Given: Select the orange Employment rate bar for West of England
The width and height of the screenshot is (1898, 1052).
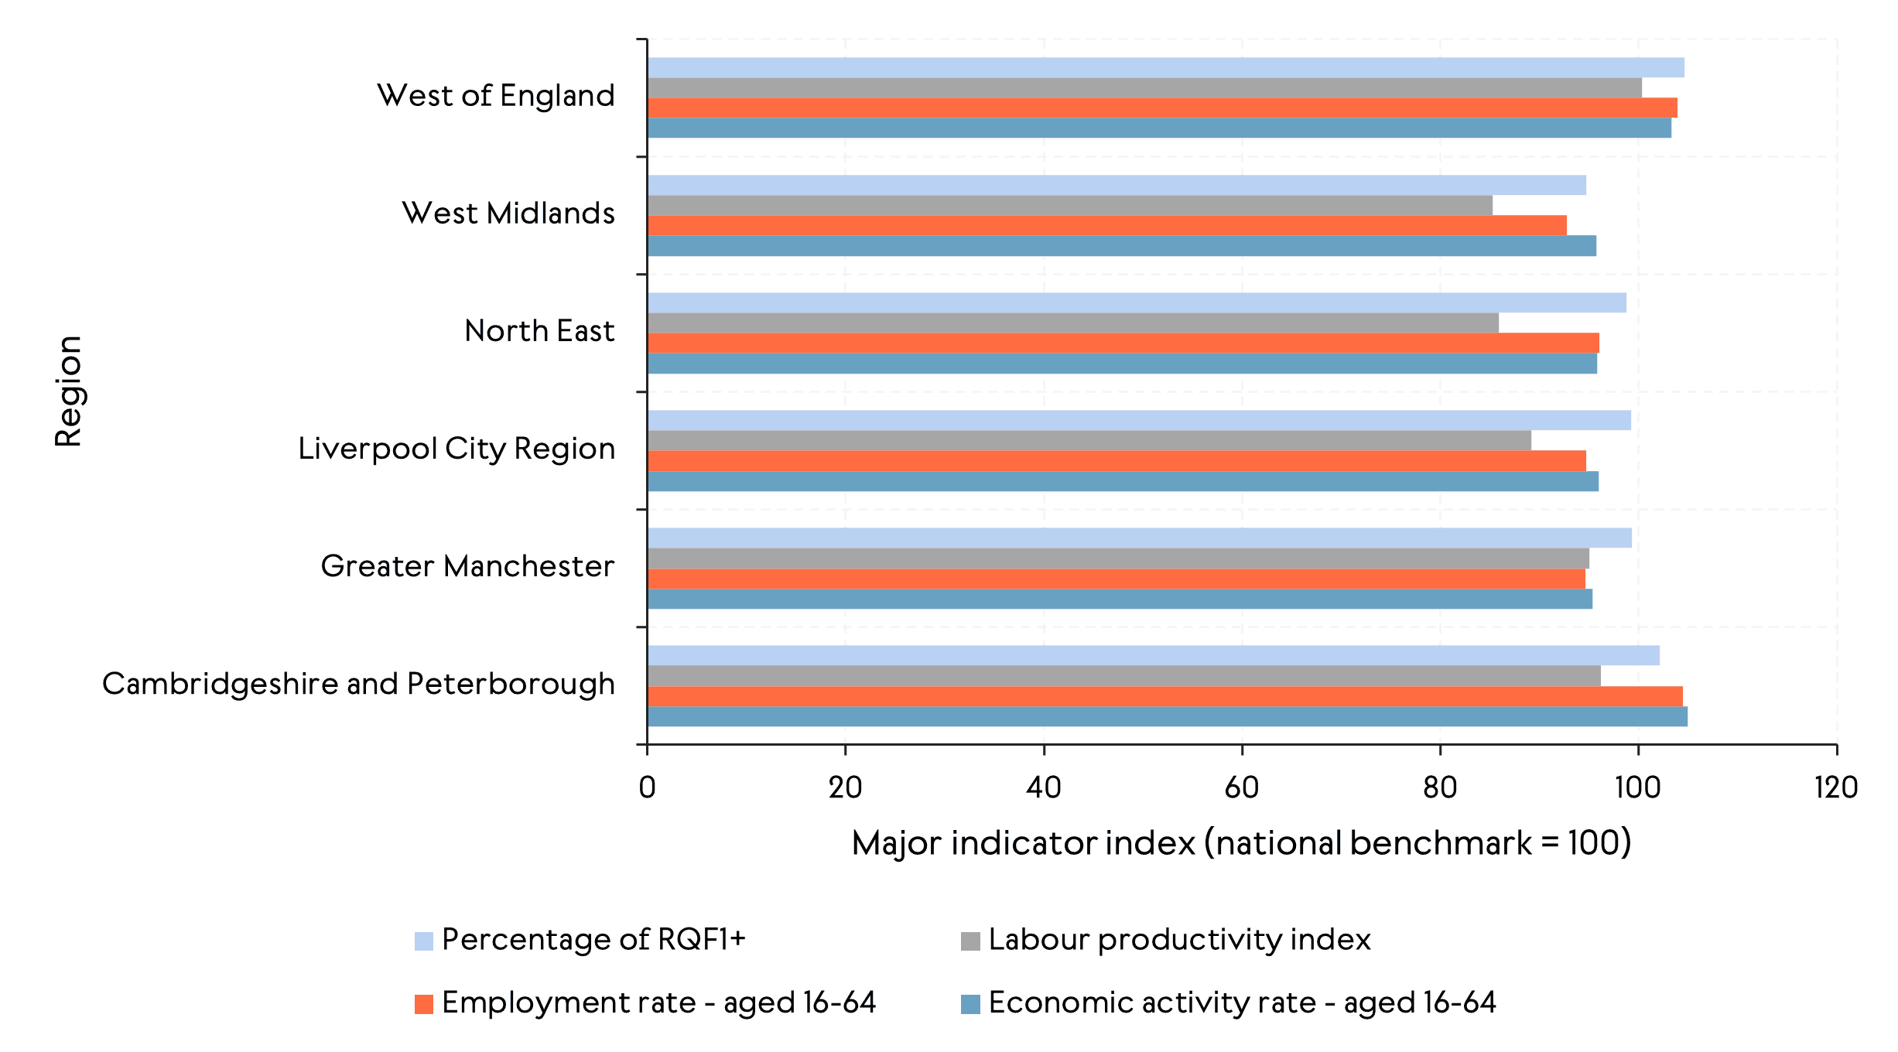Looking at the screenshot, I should [x=1161, y=108].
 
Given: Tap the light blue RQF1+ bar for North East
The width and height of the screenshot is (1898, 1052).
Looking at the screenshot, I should [x=1136, y=303].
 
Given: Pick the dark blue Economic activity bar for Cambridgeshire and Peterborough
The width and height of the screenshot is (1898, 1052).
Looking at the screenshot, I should [x=1167, y=717].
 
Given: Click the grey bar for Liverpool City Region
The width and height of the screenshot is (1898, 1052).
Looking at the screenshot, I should [x=1089, y=441].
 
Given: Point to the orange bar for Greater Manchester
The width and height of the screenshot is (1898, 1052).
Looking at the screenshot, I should [x=1116, y=579].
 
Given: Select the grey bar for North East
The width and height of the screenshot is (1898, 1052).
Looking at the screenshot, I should [x=1072, y=323].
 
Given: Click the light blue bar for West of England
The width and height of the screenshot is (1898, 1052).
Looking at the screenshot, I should [x=1165, y=68].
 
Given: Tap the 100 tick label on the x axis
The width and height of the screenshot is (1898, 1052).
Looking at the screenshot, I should [x=1637, y=788].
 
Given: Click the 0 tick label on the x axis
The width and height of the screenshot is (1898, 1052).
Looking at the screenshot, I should [x=647, y=788].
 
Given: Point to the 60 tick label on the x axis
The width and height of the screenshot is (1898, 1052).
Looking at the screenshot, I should [x=1241, y=788].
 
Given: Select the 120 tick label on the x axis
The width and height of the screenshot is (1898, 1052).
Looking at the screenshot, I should [x=1835, y=788].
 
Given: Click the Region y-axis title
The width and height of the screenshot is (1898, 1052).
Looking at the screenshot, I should [x=68, y=391].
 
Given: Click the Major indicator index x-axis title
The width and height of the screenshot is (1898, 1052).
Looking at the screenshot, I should [x=1241, y=843].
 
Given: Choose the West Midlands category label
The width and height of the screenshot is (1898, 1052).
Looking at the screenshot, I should [x=508, y=213].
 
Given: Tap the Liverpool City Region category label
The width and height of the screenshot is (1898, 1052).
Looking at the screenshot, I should [x=457, y=449].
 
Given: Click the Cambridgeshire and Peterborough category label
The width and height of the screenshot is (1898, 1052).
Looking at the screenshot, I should [x=358, y=684].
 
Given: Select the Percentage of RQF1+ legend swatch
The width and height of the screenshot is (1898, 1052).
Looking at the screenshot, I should [x=423, y=941].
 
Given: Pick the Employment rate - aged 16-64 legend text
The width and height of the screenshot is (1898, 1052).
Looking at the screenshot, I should [x=658, y=1003].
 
